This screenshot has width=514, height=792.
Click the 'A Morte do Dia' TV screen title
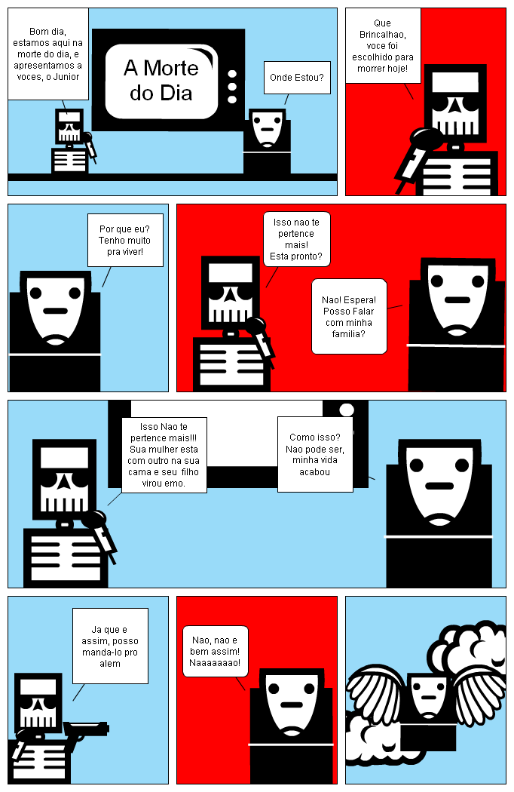click(161, 80)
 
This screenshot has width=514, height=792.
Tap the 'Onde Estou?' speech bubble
click(297, 77)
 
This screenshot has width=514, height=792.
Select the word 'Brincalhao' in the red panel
click(382, 35)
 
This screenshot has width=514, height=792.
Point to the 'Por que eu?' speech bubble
click(125, 240)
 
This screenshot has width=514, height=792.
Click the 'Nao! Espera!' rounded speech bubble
click(350, 316)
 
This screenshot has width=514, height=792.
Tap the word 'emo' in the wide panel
click(173, 483)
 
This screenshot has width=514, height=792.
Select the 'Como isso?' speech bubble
click(315, 454)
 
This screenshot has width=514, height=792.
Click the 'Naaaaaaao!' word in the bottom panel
click(215, 663)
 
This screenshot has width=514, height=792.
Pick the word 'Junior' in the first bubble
click(66, 77)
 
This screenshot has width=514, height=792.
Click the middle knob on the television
click(232, 87)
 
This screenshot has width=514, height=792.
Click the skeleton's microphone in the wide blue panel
click(99, 534)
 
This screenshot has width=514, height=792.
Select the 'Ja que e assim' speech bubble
click(110, 646)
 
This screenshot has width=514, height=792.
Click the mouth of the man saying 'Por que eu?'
click(55, 311)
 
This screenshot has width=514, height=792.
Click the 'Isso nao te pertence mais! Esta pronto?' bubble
click(296, 239)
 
